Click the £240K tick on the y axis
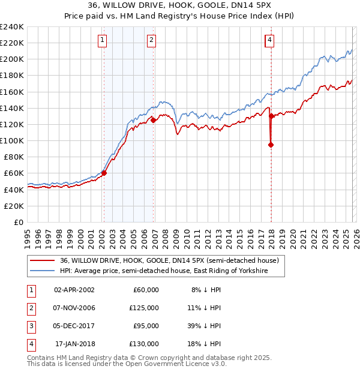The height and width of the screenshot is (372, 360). pos(13,27)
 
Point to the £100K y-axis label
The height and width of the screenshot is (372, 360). pos(13,140)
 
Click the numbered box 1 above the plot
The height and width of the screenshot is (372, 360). pos(103,40)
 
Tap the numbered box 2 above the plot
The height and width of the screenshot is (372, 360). pos(151,40)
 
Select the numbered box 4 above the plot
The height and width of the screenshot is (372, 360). pos(270,40)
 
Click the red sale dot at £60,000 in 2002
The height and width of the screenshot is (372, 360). pos(104,173)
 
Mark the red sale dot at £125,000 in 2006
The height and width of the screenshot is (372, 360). pos(153,120)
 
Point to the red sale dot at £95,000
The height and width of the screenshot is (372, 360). pos(271,145)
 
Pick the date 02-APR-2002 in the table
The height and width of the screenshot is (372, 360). pos(74,290)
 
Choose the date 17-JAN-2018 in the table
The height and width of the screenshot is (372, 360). pos(74,344)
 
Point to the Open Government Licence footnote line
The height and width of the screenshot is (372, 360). pos(127,364)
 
